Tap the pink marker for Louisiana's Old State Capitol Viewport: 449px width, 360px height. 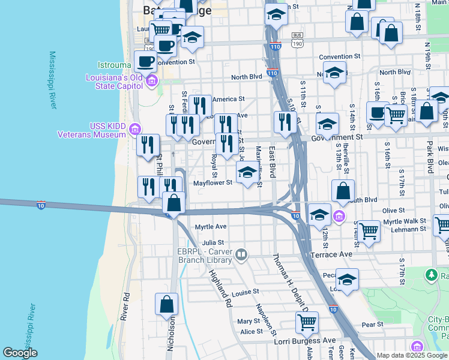(151, 80)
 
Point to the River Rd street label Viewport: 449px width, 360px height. (125, 305)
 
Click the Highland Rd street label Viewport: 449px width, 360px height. (220, 288)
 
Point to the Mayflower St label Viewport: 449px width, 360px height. (212, 183)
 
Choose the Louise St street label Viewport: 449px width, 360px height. (245, 292)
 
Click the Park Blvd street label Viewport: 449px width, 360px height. (430, 157)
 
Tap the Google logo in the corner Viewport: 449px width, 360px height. (20, 352)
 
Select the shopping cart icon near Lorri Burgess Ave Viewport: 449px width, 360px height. (307, 322)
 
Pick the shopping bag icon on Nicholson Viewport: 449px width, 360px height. (167, 304)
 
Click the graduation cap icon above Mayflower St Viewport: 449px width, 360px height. (247, 172)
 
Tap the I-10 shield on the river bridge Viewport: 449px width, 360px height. (41, 205)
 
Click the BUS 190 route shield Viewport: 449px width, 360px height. (297, 39)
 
